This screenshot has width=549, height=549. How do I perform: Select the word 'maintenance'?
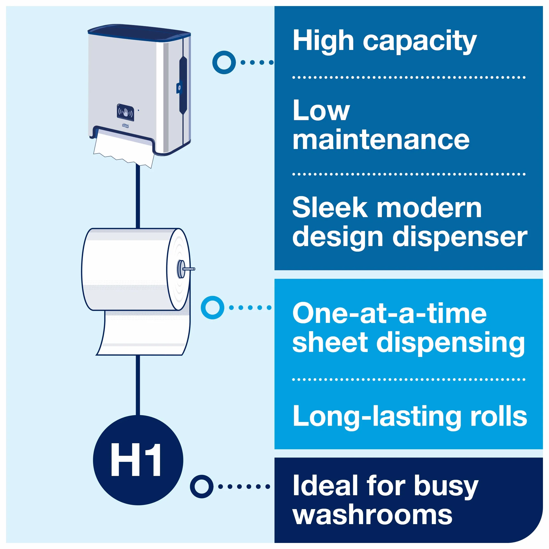tap(381, 140)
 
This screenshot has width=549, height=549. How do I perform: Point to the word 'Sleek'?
tap(330, 208)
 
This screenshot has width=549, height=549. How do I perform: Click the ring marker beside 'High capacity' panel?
tap(224, 63)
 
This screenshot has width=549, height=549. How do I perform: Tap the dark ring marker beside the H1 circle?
tap(202, 486)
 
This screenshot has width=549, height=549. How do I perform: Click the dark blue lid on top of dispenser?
tap(139, 32)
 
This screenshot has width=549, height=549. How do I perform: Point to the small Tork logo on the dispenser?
tap(125, 126)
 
